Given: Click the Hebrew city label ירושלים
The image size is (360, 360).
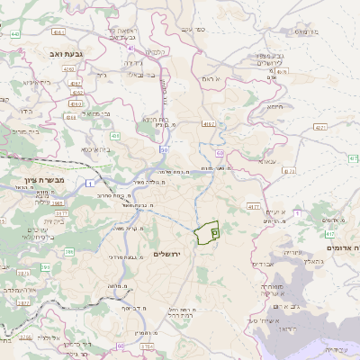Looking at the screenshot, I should tap(167, 255).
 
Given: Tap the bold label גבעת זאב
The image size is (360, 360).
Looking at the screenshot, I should tap(67, 55).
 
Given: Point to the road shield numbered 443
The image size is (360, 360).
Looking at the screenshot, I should tap(16, 34).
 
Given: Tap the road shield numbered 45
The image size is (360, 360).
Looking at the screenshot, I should tap(164, 86).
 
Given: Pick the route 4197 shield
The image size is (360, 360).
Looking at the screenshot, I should tap(209, 123).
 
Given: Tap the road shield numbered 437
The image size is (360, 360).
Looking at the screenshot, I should tap(282, 72).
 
